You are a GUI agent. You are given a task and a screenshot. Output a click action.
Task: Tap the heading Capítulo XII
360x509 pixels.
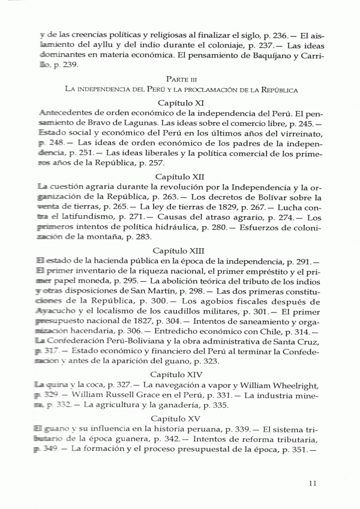180,177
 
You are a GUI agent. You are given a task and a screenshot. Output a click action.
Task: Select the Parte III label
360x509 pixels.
180,79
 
